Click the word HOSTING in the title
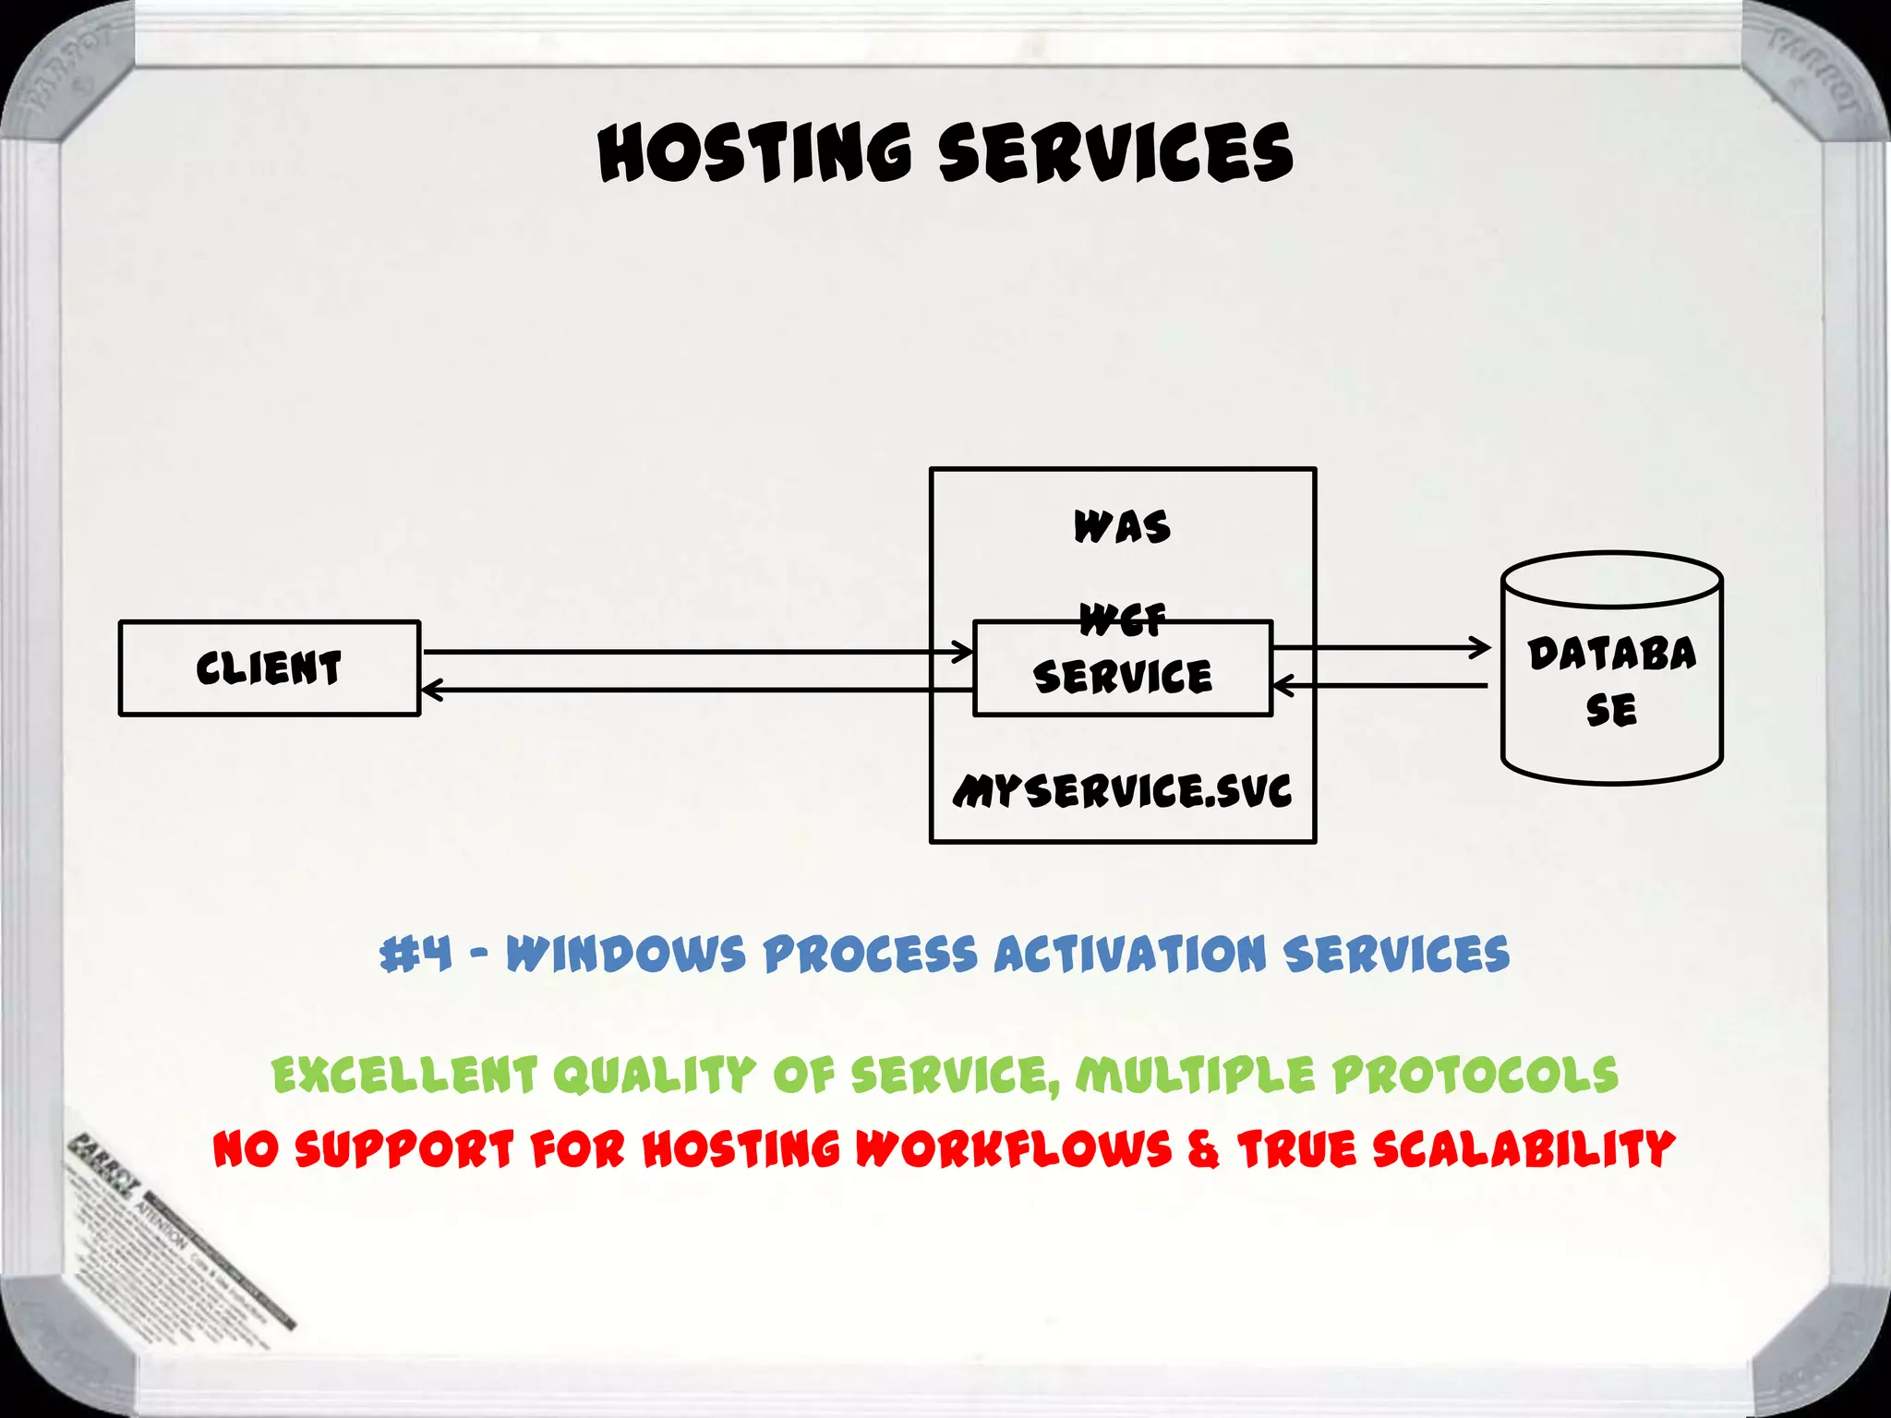(x=755, y=153)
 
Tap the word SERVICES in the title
(x=1115, y=153)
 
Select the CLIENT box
(x=269, y=667)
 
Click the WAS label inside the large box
(x=1122, y=527)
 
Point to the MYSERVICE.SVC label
(x=1122, y=791)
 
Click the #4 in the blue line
(x=416, y=954)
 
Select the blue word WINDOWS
(x=625, y=954)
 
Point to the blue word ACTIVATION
(x=1129, y=954)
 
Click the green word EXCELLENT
(x=404, y=1076)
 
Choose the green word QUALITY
(x=654, y=1076)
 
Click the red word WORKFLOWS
(x=1013, y=1150)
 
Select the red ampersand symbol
(x=1203, y=1150)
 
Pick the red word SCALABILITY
(x=1522, y=1150)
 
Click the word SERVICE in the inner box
(x=1122, y=678)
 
